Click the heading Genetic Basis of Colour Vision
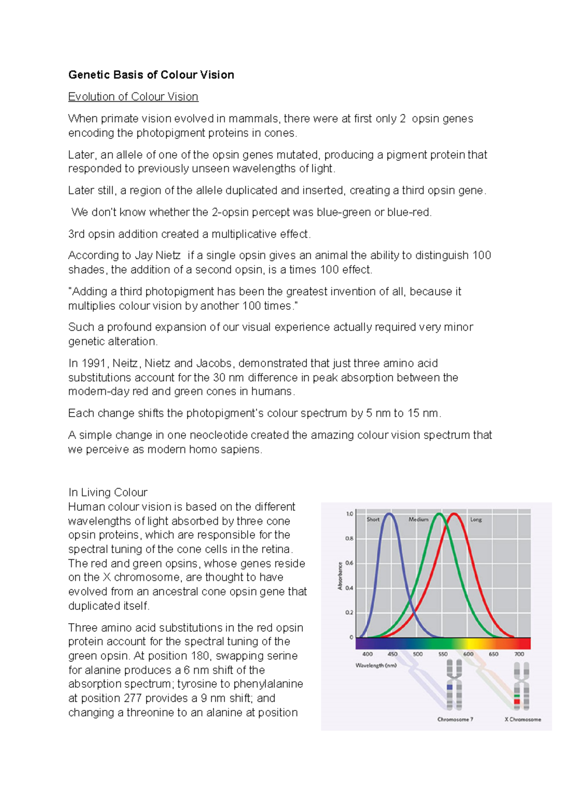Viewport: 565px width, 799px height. tap(151, 75)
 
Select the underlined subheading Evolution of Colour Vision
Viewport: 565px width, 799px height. tap(133, 97)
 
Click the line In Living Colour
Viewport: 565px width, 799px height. tap(108, 492)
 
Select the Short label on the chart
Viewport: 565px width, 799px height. tap(373, 519)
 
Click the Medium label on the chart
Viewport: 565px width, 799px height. tap(418, 519)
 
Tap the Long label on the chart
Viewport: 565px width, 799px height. tap(476, 519)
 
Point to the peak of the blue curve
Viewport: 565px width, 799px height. tap(389, 514)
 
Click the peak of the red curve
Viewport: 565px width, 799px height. tap(454, 514)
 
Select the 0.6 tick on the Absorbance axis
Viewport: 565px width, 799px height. tap(349, 563)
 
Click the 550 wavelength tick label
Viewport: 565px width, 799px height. tap(443, 654)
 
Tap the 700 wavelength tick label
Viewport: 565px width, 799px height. tap(519, 654)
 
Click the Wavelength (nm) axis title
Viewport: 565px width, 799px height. tap(376, 665)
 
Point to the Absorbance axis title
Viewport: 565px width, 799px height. tap(340, 575)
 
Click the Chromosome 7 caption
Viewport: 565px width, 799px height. tap(455, 719)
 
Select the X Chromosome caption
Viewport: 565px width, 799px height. tap(523, 719)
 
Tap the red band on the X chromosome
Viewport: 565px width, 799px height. tap(517, 701)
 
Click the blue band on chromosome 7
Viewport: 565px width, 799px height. tap(450, 687)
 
